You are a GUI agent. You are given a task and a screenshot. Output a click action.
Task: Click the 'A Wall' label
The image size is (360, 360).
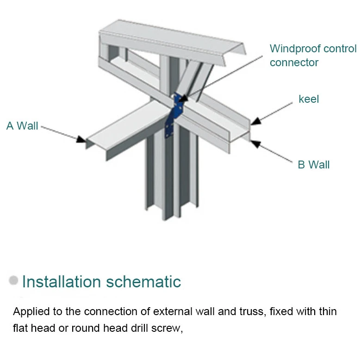22,126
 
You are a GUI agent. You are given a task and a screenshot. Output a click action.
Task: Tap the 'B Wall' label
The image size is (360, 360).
313,165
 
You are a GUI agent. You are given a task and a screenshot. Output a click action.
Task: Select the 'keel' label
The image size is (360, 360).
309,99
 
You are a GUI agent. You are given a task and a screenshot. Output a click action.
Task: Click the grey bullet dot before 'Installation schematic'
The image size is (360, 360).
14,280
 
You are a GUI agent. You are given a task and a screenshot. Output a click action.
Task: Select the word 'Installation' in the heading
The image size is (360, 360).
62,281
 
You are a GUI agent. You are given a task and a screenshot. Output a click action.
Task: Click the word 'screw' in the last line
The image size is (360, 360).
168,329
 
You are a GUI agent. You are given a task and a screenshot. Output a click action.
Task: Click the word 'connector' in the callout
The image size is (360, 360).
294,62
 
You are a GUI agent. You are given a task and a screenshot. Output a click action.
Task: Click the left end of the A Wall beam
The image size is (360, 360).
89,141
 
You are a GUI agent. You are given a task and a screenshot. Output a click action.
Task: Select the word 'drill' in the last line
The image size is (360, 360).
140,329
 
